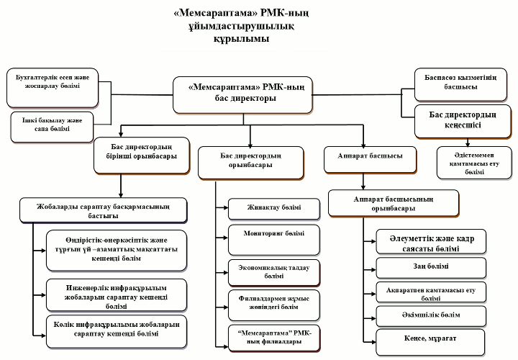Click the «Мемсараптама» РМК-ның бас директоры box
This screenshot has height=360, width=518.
(243, 95)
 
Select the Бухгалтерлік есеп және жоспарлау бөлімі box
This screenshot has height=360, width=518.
(53, 88)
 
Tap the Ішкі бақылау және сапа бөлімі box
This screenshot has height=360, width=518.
(53, 127)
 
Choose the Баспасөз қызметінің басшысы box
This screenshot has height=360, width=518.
(461, 85)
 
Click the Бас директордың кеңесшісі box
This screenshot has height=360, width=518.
(463, 122)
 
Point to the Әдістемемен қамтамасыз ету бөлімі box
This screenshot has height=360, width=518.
(474, 163)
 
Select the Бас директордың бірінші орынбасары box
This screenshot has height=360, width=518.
(142, 156)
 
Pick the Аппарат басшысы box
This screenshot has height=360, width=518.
(370, 160)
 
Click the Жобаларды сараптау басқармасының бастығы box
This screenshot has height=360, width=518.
(104, 210)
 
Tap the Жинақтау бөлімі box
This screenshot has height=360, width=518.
(274, 209)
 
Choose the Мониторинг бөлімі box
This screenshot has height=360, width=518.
(274, 240)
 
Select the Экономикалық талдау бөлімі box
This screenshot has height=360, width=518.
(274, 273)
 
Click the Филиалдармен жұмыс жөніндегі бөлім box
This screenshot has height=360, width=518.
(274, 305)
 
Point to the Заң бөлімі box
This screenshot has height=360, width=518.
(431, 268)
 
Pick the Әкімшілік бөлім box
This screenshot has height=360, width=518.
(431, 316)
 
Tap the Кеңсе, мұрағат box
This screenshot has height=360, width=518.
(430, 342)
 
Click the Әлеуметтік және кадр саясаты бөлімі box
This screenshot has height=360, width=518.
(431, 242)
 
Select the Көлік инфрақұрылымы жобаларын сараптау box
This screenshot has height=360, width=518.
(117, 331)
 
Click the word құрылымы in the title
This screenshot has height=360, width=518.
(241, 39)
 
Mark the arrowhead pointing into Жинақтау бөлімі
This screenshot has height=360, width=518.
(226, 207)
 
